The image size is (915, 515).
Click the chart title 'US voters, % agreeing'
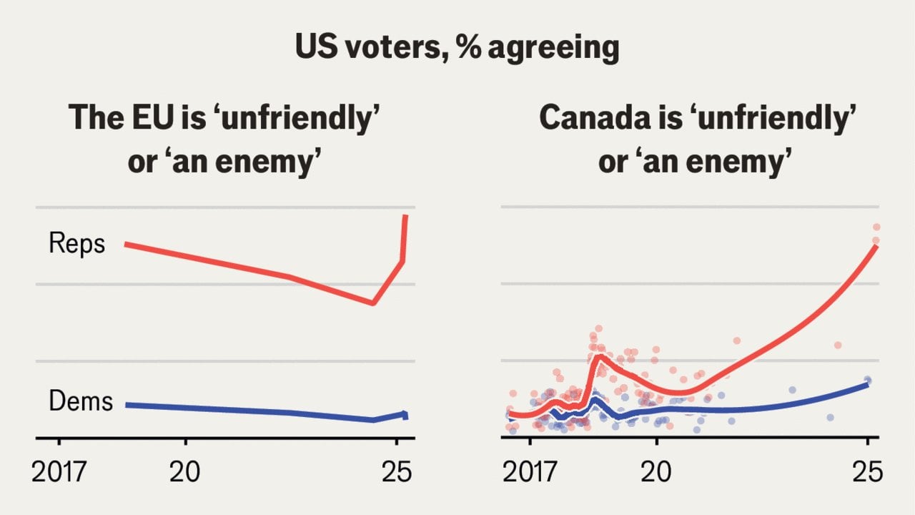tap(457, 47)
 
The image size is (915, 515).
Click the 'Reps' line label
tap(76, 244)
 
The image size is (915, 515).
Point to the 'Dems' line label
tap(80, 401)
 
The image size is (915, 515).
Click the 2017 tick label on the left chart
tap(59, 472)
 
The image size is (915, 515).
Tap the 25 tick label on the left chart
tap(397, 472)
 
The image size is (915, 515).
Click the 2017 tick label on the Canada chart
tap(530, 472)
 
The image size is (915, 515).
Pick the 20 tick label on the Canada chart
tap(656, 472)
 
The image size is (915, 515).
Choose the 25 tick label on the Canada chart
tap(867, 472)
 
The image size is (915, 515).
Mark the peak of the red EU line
tap(405, 215)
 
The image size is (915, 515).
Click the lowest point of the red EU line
tap(373, 303)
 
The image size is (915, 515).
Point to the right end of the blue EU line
tap(405, 415)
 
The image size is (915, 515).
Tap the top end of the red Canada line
tap(876, 246)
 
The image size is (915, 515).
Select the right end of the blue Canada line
tap(867, 384)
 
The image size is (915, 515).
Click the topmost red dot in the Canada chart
tap(876, 227)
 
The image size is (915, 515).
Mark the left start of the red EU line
tap(127, 245)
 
